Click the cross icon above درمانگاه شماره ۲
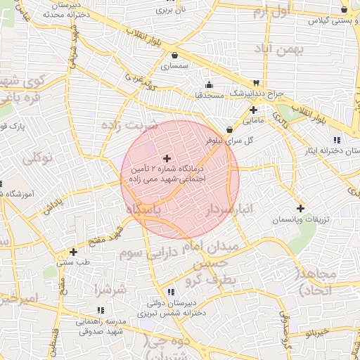[x=167, y=158]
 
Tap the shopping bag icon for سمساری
[x=174, y=56]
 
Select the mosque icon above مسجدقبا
[x=209, y=84]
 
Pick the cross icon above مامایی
[x=253, y=110]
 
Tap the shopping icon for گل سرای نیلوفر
[x=230, y=129]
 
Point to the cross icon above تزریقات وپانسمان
[x=300, y=208]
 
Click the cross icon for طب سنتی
[x=73, y=251]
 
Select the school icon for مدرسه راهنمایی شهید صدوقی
[x=101, y=310]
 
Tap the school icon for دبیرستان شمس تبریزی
[x=170, y=292]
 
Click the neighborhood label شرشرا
[x=111, y=289]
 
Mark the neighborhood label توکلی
[x=37, y=159]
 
